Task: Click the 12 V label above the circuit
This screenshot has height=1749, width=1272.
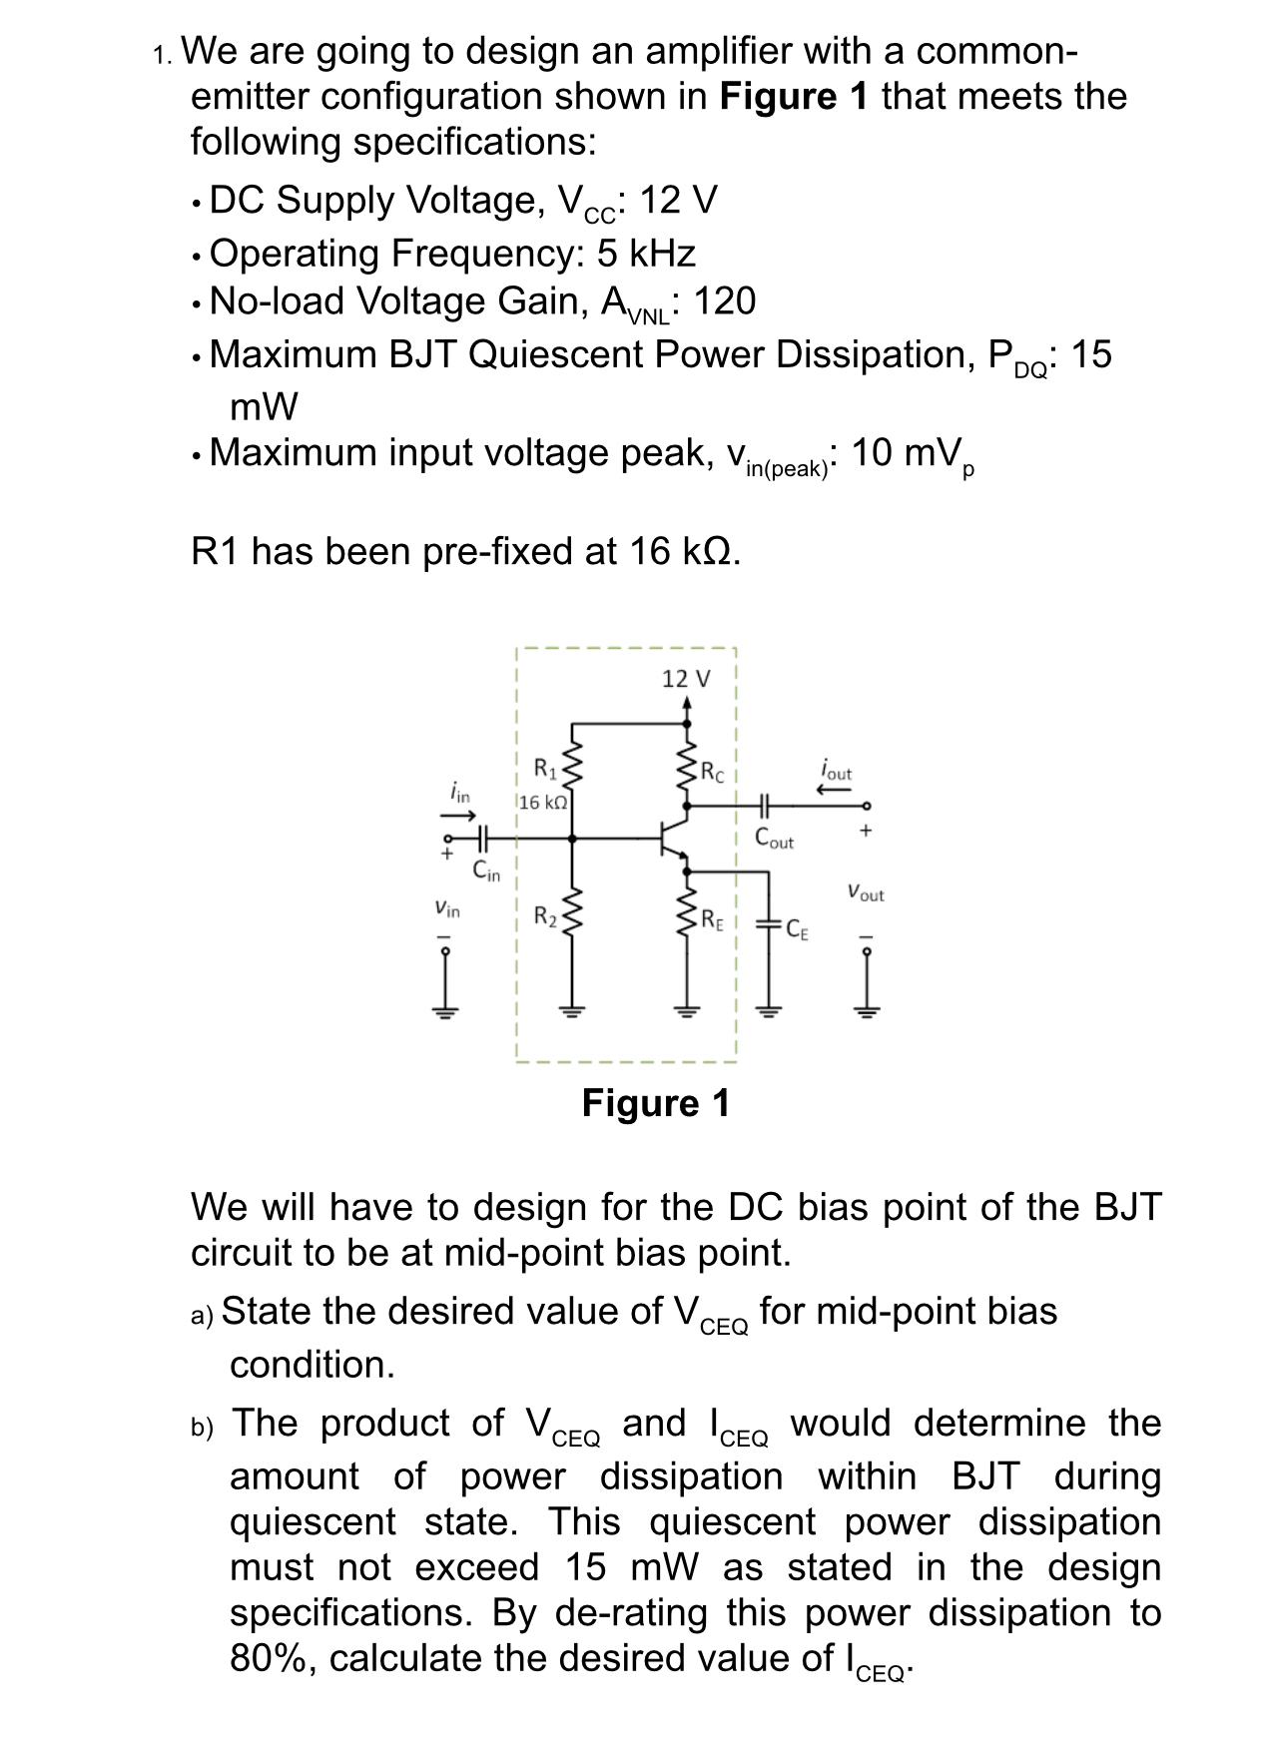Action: pos(686,679)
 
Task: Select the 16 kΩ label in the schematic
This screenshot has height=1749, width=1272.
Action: pos(544,802)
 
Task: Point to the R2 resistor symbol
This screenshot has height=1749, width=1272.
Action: pos(572,916)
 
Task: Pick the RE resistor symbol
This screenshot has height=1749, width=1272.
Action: pos(687,918)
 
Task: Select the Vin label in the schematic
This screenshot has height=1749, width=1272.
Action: pos(447,909)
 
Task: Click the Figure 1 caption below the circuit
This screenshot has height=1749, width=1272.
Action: pos(655,1103)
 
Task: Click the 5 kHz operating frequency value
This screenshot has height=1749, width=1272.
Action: pos(645,254)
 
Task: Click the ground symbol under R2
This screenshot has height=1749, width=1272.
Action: pos(572,1010)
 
